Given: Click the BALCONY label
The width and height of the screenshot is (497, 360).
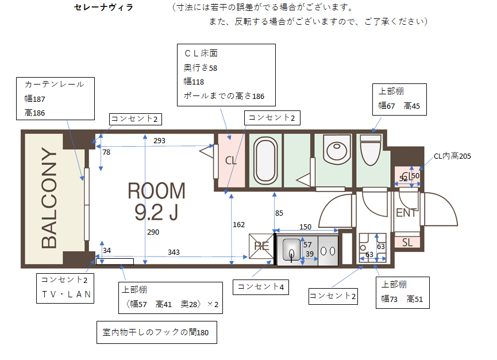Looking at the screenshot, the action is click(x=49, y=198).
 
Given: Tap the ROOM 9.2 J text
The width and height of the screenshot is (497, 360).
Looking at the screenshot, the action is click(x=157, y=201).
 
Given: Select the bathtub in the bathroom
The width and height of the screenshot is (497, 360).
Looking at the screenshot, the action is click(x=265, y=160).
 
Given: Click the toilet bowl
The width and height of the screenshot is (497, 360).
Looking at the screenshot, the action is click(x=371, y=150).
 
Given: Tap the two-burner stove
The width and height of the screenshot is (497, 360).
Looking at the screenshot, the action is click(x=328, y=251).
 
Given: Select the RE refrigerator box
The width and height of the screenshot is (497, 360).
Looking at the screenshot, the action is click(x=261, y=246).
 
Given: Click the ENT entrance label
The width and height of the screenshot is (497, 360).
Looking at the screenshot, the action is click(x=406, y=213).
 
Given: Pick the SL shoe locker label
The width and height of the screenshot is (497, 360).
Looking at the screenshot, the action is click(x=407, y=243).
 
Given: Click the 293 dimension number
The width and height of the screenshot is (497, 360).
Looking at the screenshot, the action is click(x=159, y=140).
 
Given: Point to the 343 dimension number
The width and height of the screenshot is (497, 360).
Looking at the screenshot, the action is click(x=174, y=252).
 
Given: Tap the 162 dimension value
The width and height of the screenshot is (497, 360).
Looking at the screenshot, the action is click(x=238, y=224).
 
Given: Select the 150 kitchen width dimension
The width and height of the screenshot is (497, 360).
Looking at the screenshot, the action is click(x=305, y=227).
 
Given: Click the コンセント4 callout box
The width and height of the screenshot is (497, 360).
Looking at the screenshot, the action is click(x=261, y=287).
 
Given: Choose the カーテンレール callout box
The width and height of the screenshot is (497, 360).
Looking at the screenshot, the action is click(x=56, y=99).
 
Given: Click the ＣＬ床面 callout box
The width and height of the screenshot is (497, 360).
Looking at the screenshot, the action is click(x=226, y=75).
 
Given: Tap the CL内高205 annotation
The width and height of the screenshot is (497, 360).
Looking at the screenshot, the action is click(x=452, y=156).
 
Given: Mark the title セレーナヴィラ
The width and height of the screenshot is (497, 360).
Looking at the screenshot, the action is click(x=103, y=7).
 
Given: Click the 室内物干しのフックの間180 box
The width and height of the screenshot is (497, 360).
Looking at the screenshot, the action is click(x=157, y=332).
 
